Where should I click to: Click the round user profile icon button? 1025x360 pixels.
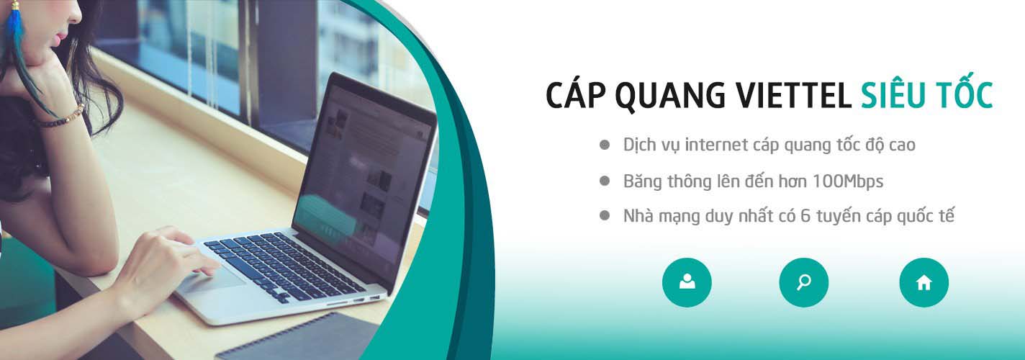687,282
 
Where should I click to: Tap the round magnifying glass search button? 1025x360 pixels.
803,282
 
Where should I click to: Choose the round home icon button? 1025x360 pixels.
924,282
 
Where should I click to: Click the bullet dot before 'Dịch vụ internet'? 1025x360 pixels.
605,145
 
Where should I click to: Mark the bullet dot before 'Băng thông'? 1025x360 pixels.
605,181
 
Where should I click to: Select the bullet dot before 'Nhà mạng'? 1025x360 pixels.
605,215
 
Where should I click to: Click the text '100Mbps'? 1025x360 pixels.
848,182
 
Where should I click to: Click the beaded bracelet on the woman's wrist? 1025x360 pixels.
62,117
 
